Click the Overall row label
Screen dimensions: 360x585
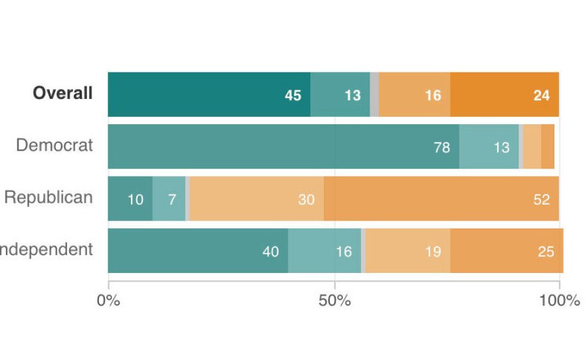click(x=62, y=94)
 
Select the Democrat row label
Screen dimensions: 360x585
click(x=55, y=145)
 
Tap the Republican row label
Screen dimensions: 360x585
click(x=49, y=197)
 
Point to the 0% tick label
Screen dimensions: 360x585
click(x=108, y=300)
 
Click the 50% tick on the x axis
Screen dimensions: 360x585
click(x=334, y=300)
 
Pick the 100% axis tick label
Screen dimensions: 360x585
click(x=559, y=300)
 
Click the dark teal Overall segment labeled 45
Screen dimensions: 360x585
click(x=209, y=94)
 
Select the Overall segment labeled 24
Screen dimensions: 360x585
click(x=505, y=94)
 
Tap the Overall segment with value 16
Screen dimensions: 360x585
click(x=414, y=94)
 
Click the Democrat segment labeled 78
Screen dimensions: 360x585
click(x=283, y=146)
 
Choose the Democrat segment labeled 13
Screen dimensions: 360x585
click(x=489, y=146)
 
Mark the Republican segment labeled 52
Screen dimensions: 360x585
click(x=441, y=199)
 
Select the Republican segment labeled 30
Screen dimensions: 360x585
click(x=257, y=199)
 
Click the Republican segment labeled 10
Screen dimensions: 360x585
click(x=130, y=199)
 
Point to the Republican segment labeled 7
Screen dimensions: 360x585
click(x=169, y=199)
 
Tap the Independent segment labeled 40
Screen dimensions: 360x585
click(x=198, y=250)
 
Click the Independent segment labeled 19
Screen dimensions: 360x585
click(x=408, y=250)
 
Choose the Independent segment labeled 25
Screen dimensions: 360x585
click(x=507, y=250)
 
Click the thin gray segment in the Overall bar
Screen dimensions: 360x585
click(x=374, y=94)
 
